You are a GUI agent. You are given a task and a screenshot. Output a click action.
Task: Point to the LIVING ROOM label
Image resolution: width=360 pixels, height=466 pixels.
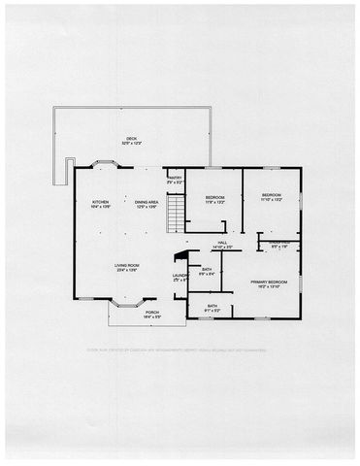click(x=127, y=265)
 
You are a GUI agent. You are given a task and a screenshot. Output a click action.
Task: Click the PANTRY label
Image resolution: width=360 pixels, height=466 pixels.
click(x=176, y=178)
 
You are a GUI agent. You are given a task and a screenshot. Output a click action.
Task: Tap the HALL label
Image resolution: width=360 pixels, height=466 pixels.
click(x=222, y=242)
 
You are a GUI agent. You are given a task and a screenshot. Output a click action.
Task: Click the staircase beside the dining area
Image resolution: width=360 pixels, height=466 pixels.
click(x=176, y=215)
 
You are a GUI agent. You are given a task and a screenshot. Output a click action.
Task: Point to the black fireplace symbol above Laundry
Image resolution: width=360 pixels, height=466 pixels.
click(x=179, y=257)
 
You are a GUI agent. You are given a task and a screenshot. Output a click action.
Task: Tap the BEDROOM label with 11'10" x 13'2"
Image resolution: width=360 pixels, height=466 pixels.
click(x=271, y=196)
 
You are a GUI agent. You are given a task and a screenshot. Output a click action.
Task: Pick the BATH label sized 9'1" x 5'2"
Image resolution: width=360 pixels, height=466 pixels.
click(x=213, y=306)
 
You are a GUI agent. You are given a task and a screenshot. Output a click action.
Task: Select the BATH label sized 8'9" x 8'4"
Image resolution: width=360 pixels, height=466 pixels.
click(x=207, y=270)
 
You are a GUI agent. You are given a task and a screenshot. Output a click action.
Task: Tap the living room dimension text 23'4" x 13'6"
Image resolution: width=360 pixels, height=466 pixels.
click(x=127, y=270)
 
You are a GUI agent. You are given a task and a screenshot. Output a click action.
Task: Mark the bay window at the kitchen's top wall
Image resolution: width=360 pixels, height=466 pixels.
click(x=102, y=164)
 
